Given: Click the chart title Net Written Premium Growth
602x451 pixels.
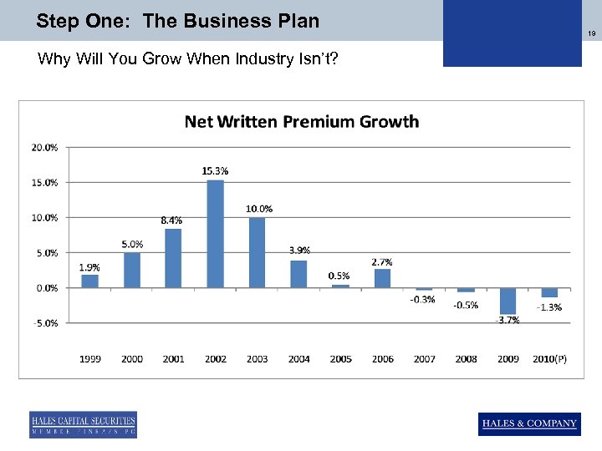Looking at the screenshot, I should pos(301,122).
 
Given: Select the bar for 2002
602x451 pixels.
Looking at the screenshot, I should pos(215,234).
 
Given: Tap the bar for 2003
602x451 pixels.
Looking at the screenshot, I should pos(257,252).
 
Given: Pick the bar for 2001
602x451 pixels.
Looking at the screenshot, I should pos(173,258).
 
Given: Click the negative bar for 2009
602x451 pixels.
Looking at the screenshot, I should pos(508,301).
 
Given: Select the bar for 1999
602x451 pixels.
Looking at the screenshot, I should pos(89,281).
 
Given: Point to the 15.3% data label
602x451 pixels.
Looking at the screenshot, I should pos(215,170).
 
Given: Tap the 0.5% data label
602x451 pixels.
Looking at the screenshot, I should pos(339,276).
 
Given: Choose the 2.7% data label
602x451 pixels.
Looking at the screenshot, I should pos(382,261).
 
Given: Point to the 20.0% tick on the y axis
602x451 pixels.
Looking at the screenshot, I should pos(44,147).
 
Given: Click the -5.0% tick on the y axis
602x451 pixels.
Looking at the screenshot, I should pos(44,323).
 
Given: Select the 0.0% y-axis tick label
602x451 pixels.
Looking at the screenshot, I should pos(45,288).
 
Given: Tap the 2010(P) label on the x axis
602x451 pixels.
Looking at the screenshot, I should pos(548,359).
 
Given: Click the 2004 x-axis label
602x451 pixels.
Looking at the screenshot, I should pos(298,359).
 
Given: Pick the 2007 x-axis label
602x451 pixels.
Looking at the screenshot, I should pos(424,359).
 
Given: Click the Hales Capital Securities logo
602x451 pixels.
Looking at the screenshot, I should pos(83,424).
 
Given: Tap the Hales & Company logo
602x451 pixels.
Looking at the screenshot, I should pos(529,423).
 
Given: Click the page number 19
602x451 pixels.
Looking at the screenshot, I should pos(591,33).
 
